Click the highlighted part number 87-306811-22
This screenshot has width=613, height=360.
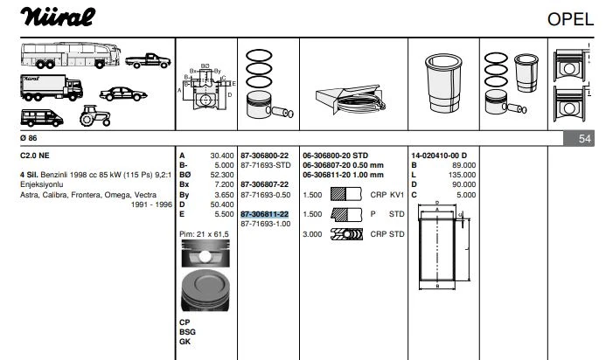click(x=264, y=214)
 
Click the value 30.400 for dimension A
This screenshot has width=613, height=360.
click(x=221, y=156)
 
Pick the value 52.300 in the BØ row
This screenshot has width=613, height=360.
click(x=221, y=175)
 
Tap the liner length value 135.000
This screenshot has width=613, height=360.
click(x=463, y=175)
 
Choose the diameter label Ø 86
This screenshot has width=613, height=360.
click(x=29, y=138)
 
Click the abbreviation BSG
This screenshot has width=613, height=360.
click(x=187, y=332)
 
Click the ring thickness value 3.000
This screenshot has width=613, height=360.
click(x=314, y=234)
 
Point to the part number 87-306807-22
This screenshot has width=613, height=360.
click(x=264, y=184)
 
